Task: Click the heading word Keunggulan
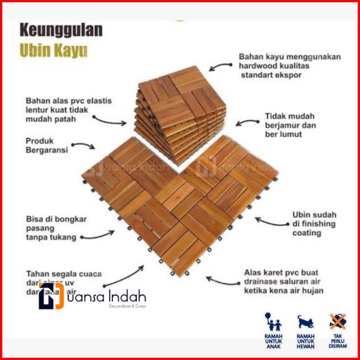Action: (61, 31)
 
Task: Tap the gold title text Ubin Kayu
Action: (53, 51)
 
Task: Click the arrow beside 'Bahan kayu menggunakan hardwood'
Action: (220, 66)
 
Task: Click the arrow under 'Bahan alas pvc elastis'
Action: (109, 121)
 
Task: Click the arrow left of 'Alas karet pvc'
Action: (222, 280)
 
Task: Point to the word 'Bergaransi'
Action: (47, 150)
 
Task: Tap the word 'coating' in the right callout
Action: (307, 233)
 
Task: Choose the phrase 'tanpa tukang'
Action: (50, 237)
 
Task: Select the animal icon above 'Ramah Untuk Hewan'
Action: (305, 321)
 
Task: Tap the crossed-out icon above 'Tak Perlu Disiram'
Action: (338, 321)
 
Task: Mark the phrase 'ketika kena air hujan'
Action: (283, 291)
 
